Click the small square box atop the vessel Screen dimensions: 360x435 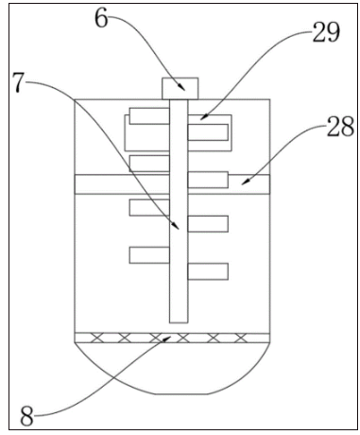click(x=178, y=88)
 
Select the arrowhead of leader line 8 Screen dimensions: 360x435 click(x=170, y=335)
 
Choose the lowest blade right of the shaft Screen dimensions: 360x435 click(x=208, y=272)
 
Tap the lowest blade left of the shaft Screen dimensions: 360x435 click(x=149, y=253)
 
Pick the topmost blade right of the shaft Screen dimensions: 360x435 click(x=208, y=130)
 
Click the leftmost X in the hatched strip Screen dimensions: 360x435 click(x=92, y=338)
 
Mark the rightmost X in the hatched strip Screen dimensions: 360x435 click(x=242, y=338)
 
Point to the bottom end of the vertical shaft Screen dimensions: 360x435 click(x=178, y=321)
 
